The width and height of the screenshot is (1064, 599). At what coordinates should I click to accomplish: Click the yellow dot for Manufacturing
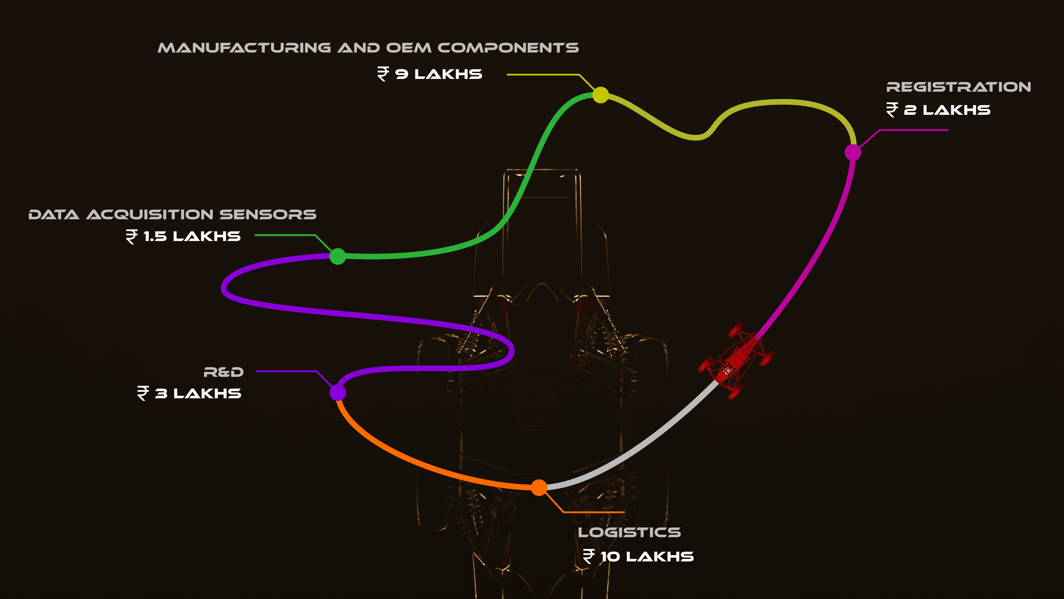tap(601, 95)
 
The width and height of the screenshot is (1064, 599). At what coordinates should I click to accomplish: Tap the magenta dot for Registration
tap(852, 152)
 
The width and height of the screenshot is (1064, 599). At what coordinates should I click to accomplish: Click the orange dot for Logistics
tap(539, 487)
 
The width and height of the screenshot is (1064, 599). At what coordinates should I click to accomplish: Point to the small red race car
tap(735, 360)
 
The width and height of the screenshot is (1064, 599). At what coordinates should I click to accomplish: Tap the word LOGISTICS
tap(629, 532)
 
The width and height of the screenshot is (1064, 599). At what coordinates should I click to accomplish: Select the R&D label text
tap(223, 372)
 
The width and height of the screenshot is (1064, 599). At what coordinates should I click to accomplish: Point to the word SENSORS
tap(268, 215)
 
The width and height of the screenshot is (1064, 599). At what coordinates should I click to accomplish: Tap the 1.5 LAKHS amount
tap(192, 236)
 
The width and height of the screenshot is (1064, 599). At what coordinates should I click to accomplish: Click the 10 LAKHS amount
tap(647, 557)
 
